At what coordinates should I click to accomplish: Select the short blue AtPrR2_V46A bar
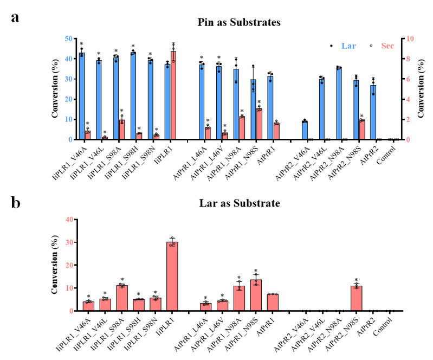(x=305, y=130)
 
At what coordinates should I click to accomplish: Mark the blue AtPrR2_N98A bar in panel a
(x=339, y=104)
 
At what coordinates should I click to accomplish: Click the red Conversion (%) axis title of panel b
(x=56, y=265)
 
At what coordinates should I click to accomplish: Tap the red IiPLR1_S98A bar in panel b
(x=122, y=298)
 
